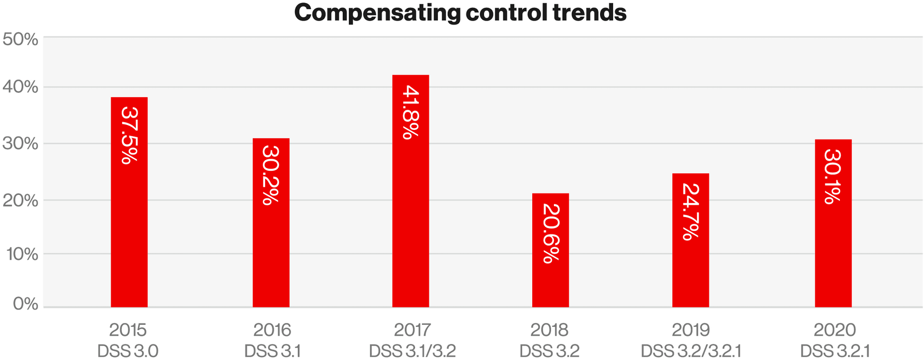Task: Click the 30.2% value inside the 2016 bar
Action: (270, 175)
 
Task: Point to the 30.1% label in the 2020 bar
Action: (833, 177)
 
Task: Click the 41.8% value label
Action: (411, 112)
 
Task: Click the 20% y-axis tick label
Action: (20, 201)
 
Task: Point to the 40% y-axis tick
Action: (20, 88)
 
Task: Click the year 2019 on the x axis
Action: (691, 330)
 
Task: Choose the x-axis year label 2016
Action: (272, 330)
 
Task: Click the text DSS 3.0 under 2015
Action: (128, 351)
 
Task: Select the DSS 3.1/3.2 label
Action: (412, 351)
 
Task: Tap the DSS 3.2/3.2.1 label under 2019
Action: (691, 351)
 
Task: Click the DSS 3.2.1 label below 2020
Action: (834, 351)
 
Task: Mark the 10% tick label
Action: (20, 255)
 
